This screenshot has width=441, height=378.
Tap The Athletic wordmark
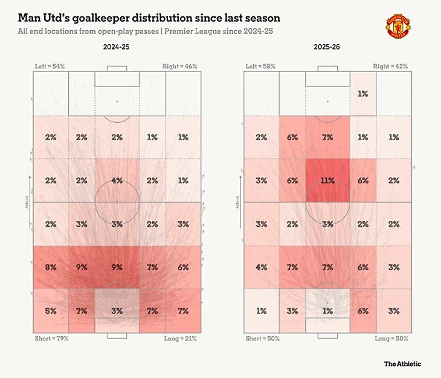402,363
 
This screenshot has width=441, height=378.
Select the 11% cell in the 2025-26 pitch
327,180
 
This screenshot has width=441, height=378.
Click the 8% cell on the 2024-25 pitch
51,267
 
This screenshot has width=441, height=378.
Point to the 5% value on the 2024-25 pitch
51,311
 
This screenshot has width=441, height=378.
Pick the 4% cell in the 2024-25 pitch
117,180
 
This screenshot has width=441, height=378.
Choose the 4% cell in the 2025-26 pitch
262,267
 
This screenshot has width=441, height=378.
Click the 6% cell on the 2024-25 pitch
183,267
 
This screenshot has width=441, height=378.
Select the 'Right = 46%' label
179,65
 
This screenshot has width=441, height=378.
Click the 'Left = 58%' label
260,65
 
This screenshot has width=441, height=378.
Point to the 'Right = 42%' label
390,65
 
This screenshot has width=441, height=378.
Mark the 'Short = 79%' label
51,338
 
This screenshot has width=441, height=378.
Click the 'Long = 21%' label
181,338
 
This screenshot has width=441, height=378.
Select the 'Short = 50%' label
263,338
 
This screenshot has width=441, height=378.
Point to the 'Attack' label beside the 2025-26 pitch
237,201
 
